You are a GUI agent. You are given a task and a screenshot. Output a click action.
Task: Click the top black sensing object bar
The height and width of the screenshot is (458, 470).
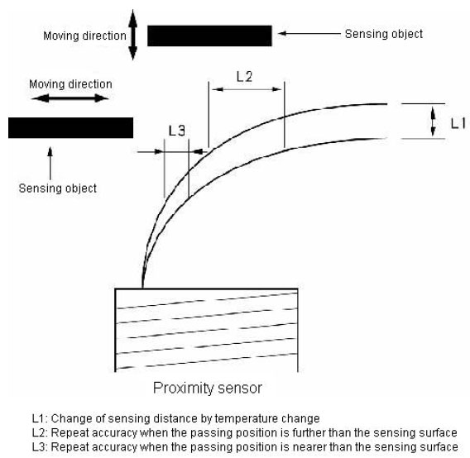point(209,36)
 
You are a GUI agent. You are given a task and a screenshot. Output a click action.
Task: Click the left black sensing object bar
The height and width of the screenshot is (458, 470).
point(70,127)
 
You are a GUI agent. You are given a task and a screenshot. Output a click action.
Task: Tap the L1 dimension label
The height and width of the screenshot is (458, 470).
point(458,123)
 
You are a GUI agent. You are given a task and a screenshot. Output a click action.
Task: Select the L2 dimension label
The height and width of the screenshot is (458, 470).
point(244,77)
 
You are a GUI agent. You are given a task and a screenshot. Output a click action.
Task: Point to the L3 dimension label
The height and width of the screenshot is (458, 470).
point(177,131)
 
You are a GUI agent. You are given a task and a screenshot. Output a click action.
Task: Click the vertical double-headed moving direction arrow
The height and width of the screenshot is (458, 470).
point(132,35)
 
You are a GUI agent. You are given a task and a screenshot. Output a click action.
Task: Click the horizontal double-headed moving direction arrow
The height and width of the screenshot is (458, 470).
point(70,98)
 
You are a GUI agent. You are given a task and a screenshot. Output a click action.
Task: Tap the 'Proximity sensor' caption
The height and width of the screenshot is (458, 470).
point(208,388)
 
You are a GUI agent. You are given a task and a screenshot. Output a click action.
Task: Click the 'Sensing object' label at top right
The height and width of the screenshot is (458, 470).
point(384,34)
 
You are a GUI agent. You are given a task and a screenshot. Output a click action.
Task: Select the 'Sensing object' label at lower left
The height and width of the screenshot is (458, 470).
point(58,188)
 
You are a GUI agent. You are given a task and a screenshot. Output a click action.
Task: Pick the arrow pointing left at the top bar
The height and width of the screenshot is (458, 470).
point(309,34)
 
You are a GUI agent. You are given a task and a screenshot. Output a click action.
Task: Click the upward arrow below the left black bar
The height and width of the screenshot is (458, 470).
point(50,163)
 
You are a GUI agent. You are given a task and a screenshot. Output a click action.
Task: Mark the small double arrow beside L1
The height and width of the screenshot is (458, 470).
point(433,122)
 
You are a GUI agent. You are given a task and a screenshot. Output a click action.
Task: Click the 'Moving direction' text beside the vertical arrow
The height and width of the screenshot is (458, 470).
point(85,36)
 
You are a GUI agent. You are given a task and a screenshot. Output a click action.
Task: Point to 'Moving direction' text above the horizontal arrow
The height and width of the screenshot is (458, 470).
point(70,84)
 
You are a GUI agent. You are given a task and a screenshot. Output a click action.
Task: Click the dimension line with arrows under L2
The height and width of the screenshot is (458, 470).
point(247,89)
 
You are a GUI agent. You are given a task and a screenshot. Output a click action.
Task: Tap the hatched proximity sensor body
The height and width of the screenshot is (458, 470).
point(207,330)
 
